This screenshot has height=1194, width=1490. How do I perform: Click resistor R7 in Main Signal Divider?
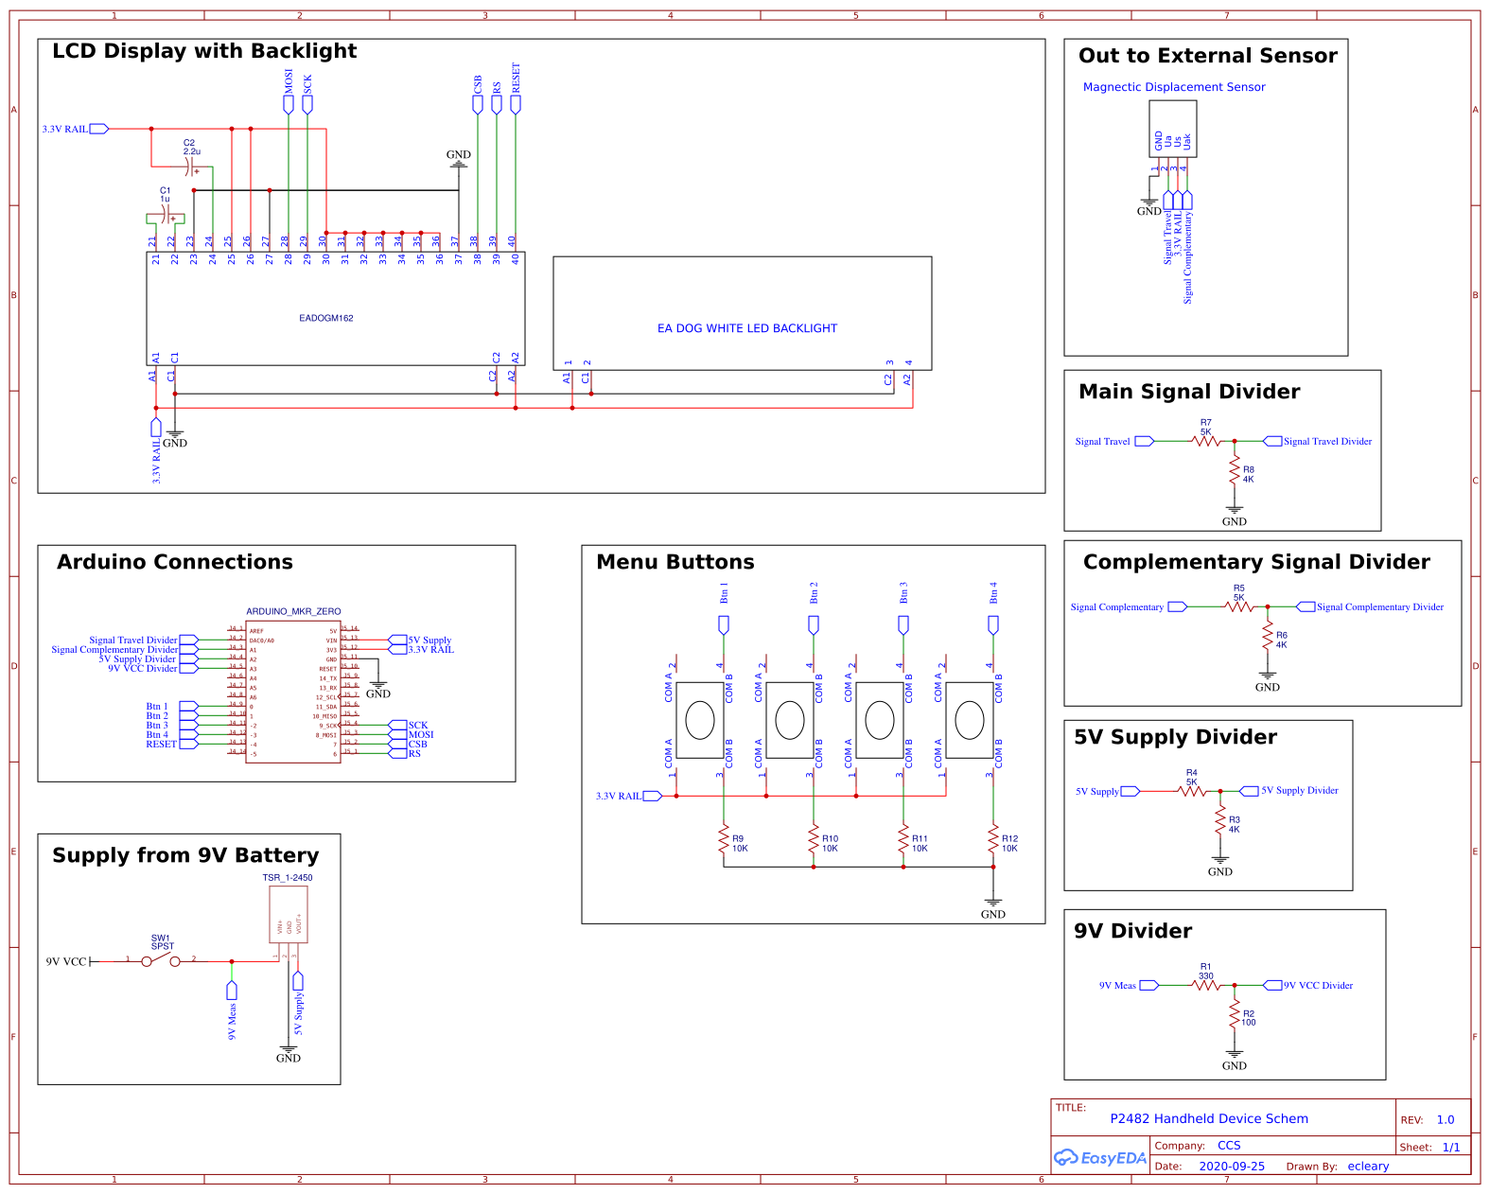point(1206,441)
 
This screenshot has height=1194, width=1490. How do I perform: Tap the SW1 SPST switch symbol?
point(161,960)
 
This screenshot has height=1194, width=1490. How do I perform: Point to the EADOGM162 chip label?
point(325,318)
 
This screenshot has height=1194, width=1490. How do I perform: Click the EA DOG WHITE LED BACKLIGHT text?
point(746,328)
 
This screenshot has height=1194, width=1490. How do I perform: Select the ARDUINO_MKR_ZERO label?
point(293,611)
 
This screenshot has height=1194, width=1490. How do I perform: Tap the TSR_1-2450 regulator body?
point(289,914)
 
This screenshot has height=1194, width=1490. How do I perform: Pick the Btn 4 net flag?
point(993,623)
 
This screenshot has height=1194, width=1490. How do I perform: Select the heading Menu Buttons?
point(675,562)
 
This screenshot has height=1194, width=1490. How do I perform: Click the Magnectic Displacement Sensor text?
point(1173,87)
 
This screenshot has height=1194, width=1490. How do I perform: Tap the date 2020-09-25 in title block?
point(1231,1166)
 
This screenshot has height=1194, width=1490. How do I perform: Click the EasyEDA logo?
point(1100,1157)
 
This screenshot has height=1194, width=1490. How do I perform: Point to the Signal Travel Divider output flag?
point(1273,441)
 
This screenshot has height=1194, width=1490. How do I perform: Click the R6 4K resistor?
point(1268,639)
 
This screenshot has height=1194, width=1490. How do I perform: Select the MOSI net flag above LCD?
point(289,104)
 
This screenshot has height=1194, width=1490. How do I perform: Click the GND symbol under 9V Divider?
point(1235,1053)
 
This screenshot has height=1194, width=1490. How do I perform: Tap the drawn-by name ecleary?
point(1368,1166)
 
